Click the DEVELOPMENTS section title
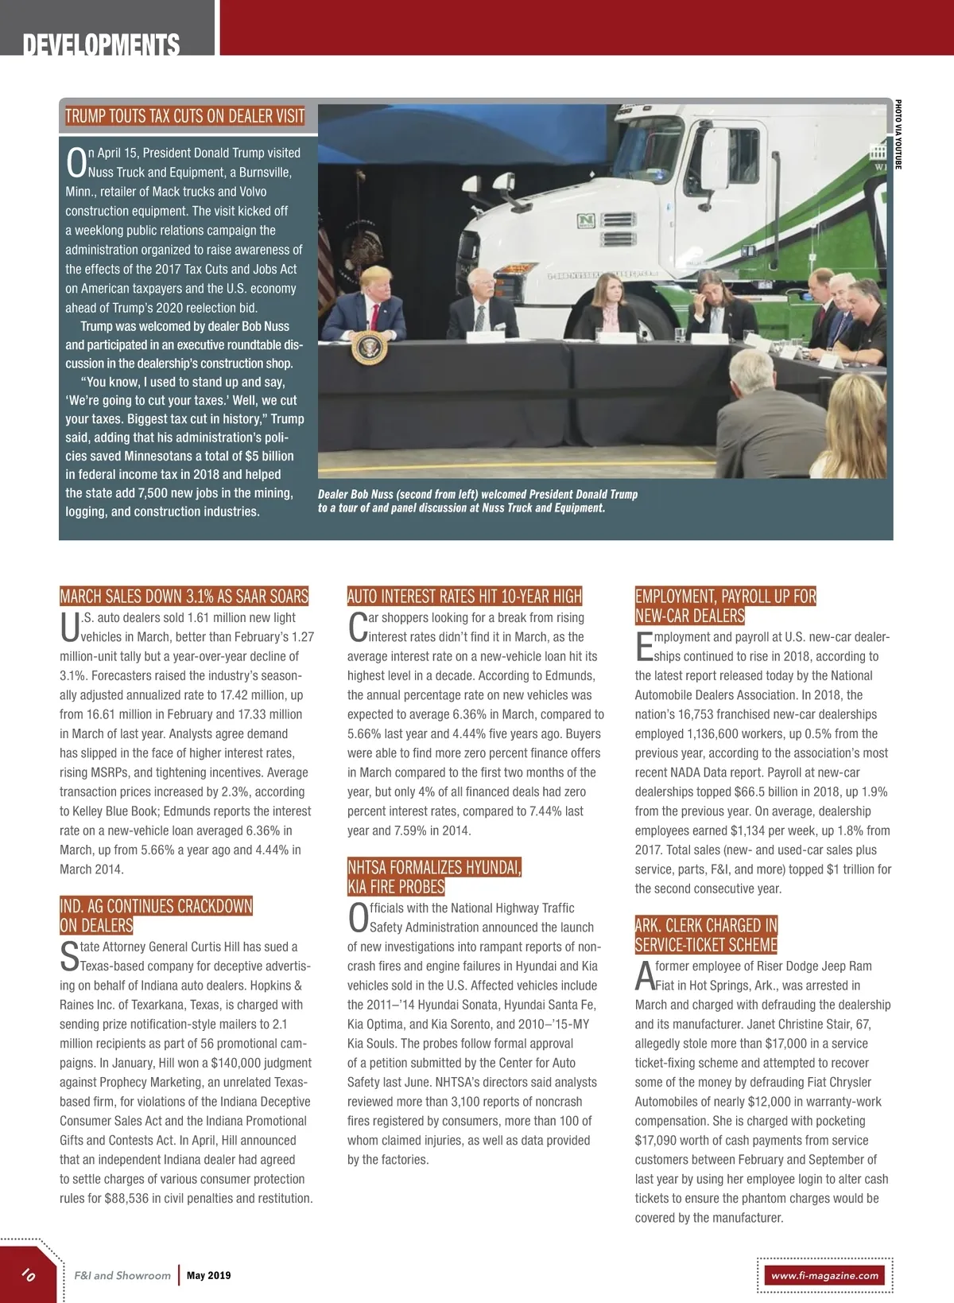[x=101, y=45]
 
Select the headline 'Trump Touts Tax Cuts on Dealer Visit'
[x=184, y=116]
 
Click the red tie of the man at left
[x=374, y=316]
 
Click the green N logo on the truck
[x=586, y=220]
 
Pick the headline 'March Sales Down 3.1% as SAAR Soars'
[x=184, y=597]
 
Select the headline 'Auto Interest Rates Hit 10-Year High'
[x=464, y=597]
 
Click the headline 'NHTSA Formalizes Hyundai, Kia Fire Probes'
[x=434, y=877]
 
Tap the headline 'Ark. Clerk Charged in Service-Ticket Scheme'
[x=706, y=935]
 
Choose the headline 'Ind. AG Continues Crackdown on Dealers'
[x=156, y=916]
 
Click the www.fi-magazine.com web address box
[x=824, y=1275]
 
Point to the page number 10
[x=29, y=1274]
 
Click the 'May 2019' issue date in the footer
[x=209, y=1275]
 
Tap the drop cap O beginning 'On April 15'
[x=76, y=162]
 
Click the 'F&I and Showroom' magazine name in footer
[x=122, y=1275]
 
